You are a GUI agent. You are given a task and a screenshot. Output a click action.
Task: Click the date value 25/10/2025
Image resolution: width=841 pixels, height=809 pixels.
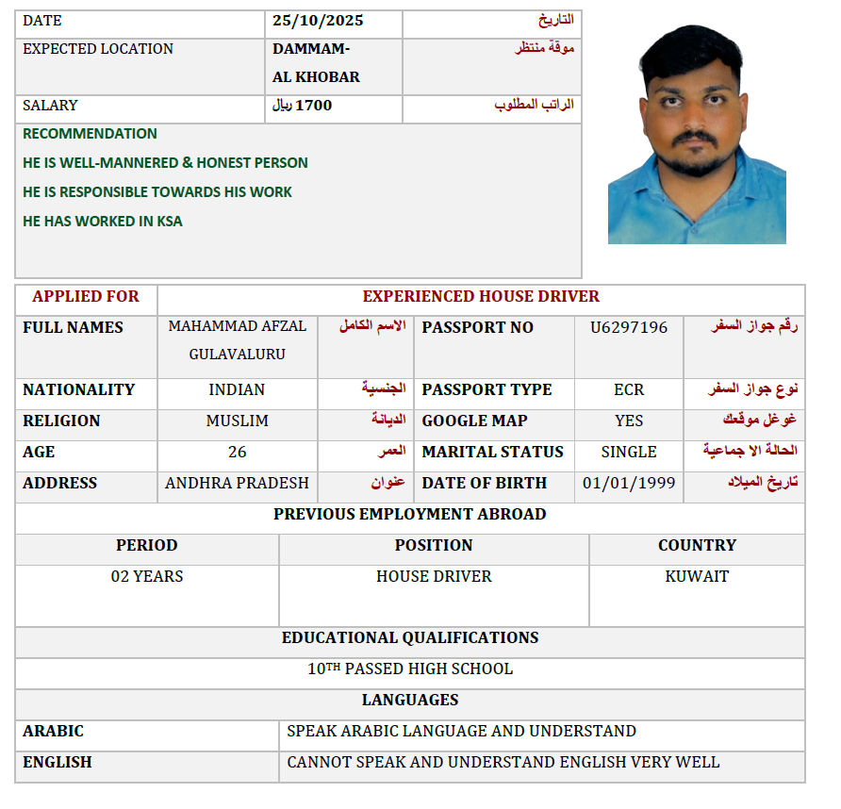click(318, 21)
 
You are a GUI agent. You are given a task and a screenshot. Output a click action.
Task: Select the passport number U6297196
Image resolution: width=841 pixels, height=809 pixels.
click(629, 327)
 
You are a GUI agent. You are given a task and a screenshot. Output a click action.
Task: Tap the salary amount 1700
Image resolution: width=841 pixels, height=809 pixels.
click(314, 106)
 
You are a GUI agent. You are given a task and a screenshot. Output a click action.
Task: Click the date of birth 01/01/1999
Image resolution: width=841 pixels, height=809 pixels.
click(629, 483)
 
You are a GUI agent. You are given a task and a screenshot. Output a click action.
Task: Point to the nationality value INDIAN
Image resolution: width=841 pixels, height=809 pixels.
click(237, 389)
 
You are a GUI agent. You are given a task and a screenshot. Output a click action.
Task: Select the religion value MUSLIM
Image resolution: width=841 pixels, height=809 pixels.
click(237, 421)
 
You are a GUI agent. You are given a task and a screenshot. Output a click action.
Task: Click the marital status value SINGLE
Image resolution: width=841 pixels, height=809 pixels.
click(629, 452)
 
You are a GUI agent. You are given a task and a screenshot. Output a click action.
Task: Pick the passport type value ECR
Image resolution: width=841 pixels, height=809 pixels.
click(629, 389)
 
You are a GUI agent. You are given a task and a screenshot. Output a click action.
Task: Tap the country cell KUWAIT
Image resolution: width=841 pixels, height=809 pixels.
click(697, 576)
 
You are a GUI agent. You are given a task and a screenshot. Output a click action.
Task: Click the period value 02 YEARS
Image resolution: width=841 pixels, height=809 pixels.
click(147, 576)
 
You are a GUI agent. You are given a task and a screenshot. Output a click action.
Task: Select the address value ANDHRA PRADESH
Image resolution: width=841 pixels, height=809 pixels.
click(237, 483)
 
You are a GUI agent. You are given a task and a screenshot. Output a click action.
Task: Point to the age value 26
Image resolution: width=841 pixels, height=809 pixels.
click(237, 452)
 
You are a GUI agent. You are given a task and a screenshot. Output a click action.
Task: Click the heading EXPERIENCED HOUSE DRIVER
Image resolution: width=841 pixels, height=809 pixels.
click(481, 296)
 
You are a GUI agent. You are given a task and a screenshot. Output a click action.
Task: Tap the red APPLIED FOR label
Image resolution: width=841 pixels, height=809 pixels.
click(86, 296)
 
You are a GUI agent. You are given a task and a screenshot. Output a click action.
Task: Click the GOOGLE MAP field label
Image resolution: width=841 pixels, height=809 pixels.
click(474, 421)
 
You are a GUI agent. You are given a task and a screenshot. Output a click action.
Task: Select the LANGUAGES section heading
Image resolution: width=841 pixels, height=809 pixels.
click(410, 700)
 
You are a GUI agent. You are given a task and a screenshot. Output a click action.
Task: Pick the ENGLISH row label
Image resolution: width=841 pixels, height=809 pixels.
click(58, 762)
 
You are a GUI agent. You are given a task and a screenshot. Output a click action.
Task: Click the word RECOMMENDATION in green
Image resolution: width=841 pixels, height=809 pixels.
click(90, 134)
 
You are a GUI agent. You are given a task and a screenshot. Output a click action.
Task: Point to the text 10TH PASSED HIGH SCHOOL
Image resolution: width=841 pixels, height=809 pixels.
click(410, 669)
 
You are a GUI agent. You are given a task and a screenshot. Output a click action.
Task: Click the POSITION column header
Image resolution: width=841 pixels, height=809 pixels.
click(434, 545)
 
